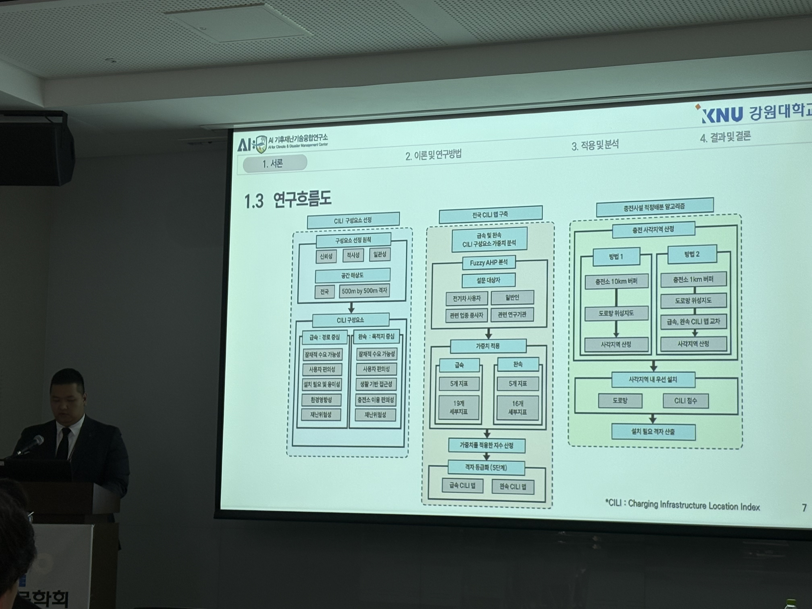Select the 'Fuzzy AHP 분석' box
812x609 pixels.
489,262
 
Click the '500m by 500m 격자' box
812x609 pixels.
364,291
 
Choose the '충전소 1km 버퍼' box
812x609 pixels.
693,279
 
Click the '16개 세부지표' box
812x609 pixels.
518,407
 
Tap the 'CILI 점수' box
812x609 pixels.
685,401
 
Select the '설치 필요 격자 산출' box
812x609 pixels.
653,432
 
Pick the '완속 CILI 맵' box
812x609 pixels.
513,487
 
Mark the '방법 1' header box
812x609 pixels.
616,256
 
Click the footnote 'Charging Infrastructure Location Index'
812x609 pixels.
694,505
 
